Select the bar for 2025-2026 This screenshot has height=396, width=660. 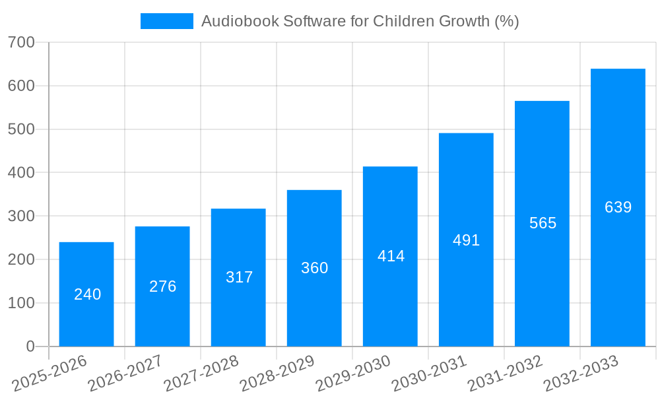tap(86, 294)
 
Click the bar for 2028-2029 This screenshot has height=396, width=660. tap(314, 268)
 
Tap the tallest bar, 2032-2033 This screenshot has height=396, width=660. tap(618, 207)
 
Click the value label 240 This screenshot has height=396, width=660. tap(88, 294)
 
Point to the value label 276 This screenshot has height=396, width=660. tap(163, 286)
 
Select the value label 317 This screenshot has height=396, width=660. tap(239, 277)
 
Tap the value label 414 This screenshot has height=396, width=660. tap(391, 256)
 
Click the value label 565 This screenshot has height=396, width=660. tap(543, 223)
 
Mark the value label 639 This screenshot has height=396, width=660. tap(618, 207)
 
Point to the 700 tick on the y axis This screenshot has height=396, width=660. tap(21, 43)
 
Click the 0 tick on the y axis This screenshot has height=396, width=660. tap(30, 346)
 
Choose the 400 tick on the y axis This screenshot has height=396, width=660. tap(21, 173)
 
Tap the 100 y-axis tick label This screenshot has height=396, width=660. tap(21, 303)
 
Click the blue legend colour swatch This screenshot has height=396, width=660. tap(167, 21)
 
